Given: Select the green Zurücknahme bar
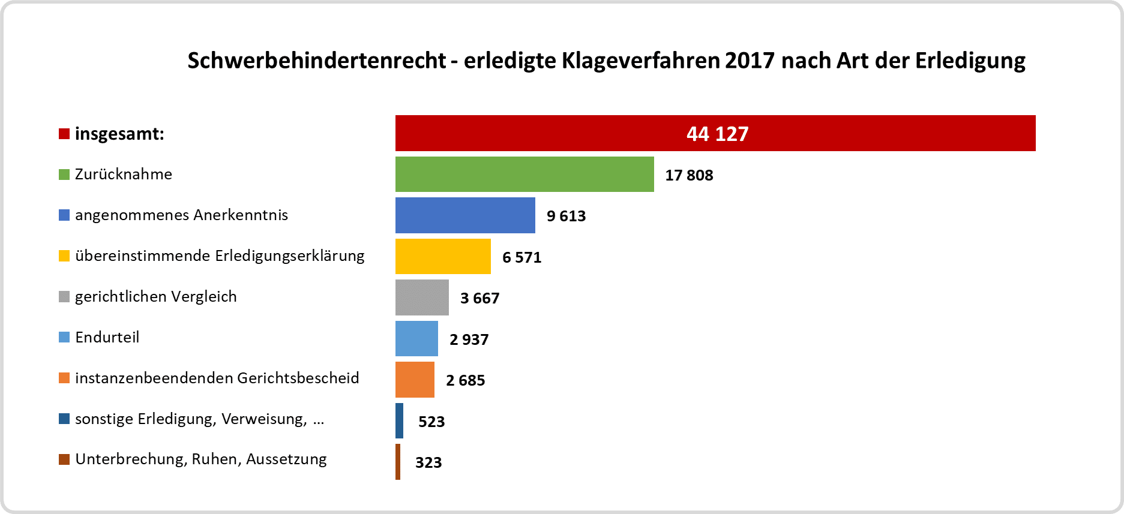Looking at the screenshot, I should pos(524,175).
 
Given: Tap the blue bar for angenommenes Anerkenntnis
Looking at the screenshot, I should pos(465,215).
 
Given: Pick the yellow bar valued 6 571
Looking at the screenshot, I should pos(443,257).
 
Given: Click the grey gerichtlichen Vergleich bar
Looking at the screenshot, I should pos(422,297).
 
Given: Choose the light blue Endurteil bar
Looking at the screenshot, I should pos(416,339).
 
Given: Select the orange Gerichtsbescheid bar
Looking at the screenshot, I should pos(415,380).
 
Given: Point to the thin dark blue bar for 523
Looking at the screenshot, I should pos(399,421).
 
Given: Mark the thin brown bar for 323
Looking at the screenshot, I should pos(398,462).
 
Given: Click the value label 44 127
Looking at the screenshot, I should pos(717,134).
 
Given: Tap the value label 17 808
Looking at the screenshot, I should pos(689,175).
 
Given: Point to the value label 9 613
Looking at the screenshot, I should pos(566,216).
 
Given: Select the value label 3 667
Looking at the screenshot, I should pos(479,298).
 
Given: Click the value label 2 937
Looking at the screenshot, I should pos(469,339).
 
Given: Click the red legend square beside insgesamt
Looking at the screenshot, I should pos(64,134).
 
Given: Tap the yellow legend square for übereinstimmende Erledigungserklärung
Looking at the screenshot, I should pos(64,256).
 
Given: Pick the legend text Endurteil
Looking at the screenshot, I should pos(107,337).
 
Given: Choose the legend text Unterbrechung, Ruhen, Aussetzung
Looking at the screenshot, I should pos(200,459).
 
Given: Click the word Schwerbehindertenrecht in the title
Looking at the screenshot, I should pos(316,61).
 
